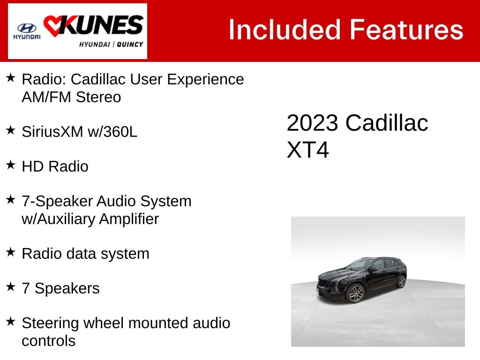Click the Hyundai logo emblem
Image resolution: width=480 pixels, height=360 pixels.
point(27,28)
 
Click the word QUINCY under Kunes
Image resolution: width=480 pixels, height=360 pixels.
point(130,45)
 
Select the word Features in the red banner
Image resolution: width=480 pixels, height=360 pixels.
point(406,30)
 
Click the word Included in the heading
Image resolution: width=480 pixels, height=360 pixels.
point(285,30)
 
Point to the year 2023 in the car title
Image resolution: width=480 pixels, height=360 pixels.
point(312,123)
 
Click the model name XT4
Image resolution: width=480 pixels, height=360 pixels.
point(307,150)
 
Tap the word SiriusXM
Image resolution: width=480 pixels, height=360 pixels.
point(52,132)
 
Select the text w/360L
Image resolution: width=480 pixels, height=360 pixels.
point(112,132)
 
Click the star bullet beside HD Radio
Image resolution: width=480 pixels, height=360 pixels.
point(10,165)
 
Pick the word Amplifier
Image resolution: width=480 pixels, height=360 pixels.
point(129,219)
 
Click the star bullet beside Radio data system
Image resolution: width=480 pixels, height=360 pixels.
point(10,252)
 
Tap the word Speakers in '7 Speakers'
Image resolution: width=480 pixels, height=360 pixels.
point(67,288)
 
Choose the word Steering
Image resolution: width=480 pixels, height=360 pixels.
point(50,323)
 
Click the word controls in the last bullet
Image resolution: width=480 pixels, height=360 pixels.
point(49,341)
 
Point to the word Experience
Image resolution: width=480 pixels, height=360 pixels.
point(205,80)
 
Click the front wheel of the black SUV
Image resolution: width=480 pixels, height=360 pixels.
point(355,293)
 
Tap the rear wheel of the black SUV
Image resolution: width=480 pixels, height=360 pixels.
point(401,281)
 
